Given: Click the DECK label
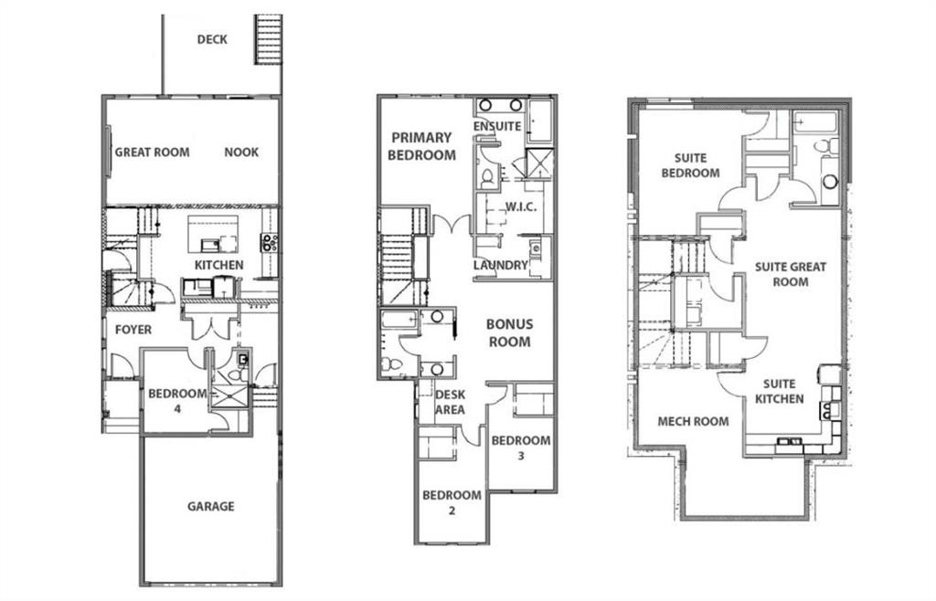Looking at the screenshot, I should [212, 39].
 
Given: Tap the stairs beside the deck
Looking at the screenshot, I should [268, 39].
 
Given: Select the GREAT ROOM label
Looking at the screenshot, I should [152, 153].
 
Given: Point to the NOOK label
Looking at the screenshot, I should [241, 153].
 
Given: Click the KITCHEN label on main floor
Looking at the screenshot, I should [218, 265].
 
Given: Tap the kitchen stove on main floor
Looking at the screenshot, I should [270, 242].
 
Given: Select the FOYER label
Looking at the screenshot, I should [133, 329].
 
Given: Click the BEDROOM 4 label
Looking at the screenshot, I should [177, 401].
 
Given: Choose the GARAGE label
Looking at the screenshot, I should [211, 506].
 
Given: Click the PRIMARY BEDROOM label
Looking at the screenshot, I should [421, 146].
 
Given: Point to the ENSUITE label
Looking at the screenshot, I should [497, 126].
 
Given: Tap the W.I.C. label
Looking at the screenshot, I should [519, 206].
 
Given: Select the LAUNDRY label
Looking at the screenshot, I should [501, 266].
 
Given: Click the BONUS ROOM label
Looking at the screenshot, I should [508, 332].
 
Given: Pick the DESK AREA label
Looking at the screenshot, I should [450, 402].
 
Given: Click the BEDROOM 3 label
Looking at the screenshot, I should [521, 448].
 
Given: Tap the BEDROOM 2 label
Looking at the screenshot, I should [452, 502].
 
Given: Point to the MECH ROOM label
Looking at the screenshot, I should [694, 421].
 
